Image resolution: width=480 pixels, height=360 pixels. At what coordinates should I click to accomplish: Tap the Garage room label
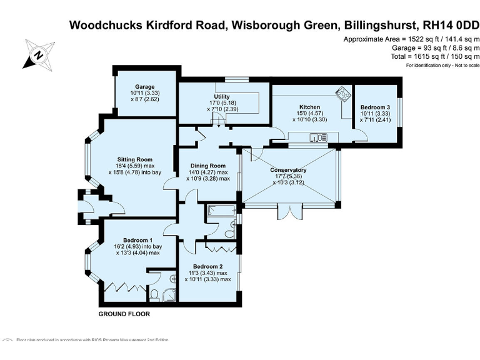coord(145,87)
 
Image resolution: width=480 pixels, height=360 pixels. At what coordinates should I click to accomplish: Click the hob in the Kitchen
coord(342,95)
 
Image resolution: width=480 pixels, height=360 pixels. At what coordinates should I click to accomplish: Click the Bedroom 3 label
coord(375,107)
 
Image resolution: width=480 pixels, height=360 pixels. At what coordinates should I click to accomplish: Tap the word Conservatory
coord(288,170)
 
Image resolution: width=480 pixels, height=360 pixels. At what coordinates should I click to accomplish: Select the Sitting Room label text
coord(136,159)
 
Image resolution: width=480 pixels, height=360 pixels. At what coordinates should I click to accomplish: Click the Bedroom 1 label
coord(137,240)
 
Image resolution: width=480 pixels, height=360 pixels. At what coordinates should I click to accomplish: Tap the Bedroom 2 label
coord(207,266)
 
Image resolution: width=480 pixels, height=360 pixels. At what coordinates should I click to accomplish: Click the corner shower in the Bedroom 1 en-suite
coord(171,280)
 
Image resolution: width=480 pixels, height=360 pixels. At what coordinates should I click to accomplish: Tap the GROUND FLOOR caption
coord(124,314)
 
